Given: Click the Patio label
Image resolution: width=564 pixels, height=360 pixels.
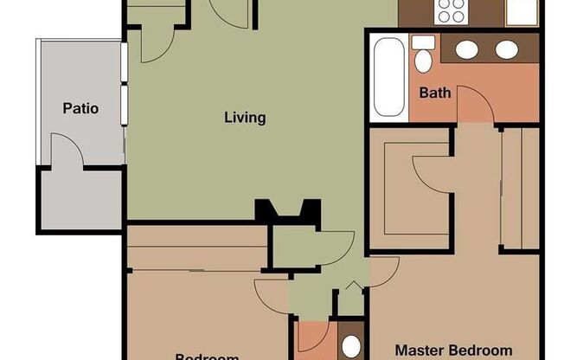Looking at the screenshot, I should point(80,109).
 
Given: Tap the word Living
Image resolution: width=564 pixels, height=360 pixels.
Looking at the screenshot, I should point(245,118).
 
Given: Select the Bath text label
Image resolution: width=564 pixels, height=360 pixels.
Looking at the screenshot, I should point(435,93).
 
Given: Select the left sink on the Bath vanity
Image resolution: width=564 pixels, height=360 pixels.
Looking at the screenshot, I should point(467,49).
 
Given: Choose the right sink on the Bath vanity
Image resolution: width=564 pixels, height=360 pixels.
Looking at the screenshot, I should point(506,49).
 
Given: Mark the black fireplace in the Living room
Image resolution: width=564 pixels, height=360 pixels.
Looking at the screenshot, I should point(288,211).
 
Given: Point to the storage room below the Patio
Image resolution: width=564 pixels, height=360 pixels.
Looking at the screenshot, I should point(80,200).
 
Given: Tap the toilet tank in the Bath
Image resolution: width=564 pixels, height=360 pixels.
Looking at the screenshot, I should point(423,42).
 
